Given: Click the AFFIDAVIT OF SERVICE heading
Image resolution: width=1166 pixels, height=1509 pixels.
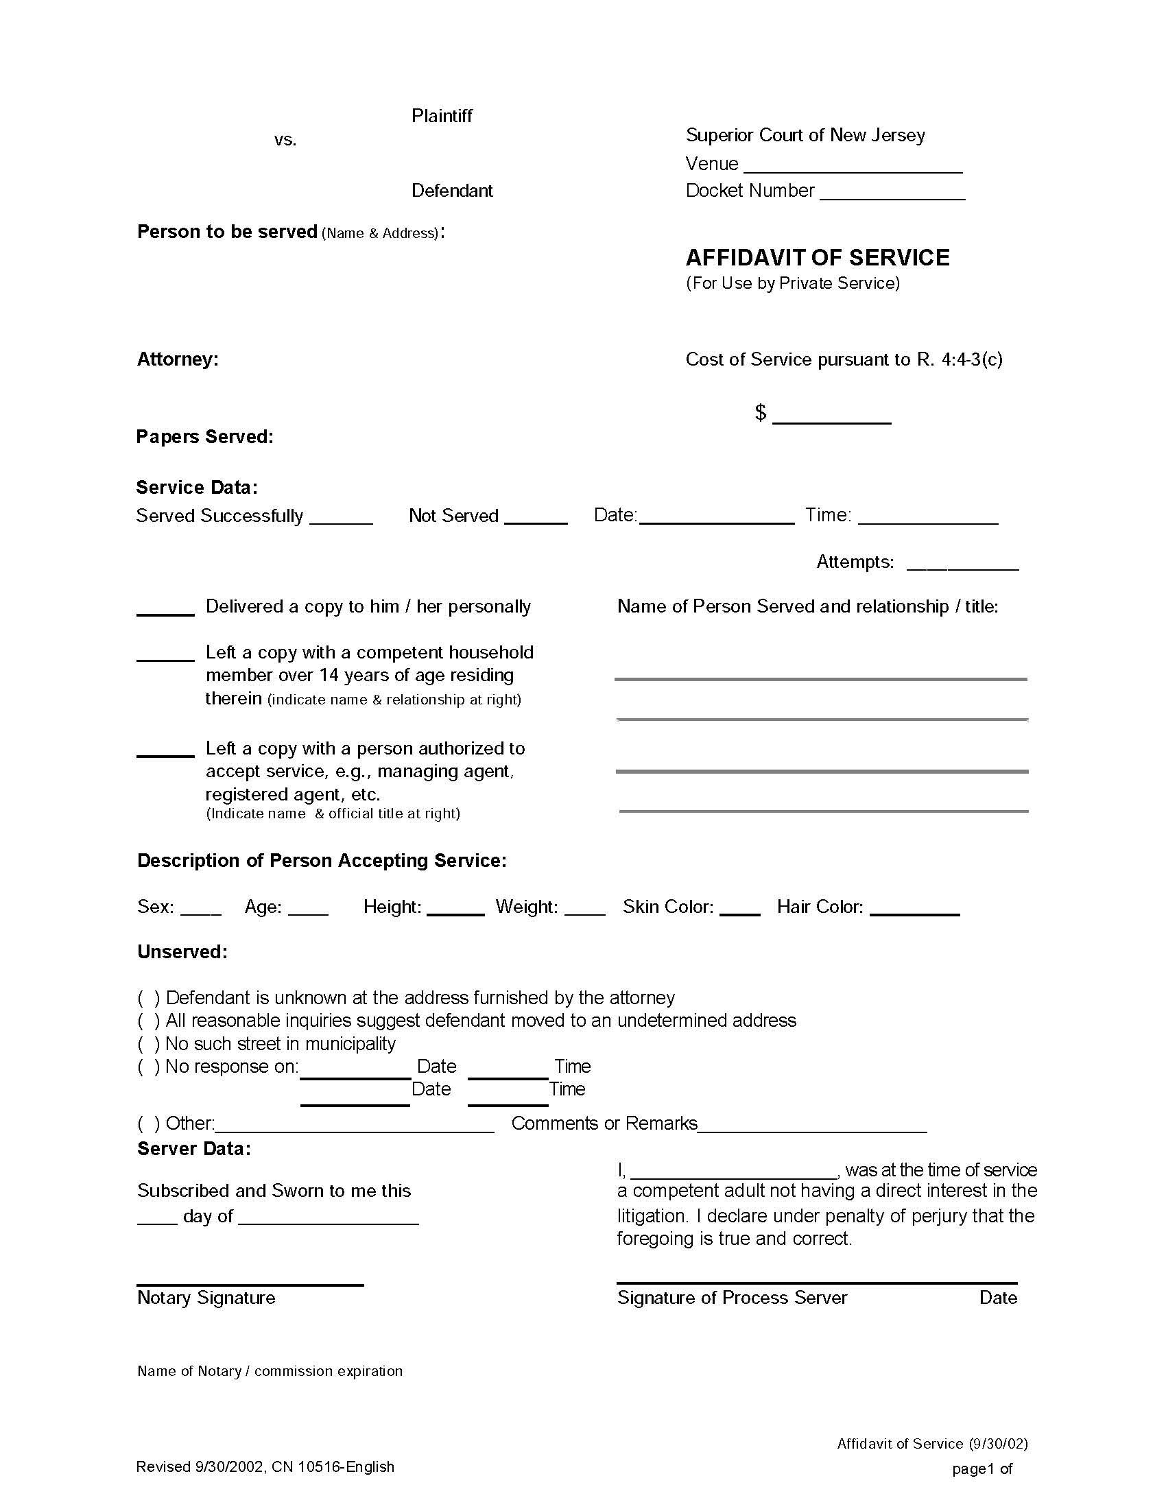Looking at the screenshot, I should pyautogui.click(x=816, y=258).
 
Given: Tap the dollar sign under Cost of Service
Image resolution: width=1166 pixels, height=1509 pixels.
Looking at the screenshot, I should pyautogui.click(x=760, y=412).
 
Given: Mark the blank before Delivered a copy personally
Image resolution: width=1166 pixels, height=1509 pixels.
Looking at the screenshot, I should pyautogui.click(x=165, y=609).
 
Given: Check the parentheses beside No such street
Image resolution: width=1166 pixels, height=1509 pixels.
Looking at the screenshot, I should pyautogui.click(x=149, y=1043).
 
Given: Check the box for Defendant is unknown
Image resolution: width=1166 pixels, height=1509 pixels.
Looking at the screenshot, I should pyautogui.click(x=149, y=998).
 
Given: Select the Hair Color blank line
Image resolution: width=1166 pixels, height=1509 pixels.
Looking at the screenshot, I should pyautogui.click(x=914, y=911).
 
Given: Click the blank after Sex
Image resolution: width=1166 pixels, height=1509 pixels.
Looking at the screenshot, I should pyautogui.click(x=200, y=911).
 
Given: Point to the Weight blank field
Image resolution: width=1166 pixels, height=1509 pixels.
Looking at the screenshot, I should pyautogui.click(x=584, y=911).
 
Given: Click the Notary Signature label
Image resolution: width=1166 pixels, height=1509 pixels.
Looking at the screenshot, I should pyautogui.click(x=206, y=1298).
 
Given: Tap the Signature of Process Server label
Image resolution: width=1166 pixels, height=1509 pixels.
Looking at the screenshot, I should pyautogui.click(x=732, y=1298).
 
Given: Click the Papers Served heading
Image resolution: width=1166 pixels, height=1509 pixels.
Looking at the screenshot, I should pyautogui.click(x=204, y=437).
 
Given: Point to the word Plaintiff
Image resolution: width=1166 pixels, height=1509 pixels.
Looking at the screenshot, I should pyautogui.click(x=442, y=116).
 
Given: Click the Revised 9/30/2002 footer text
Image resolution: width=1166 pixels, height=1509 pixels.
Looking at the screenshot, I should pyautogui.click(x=265, y=1466).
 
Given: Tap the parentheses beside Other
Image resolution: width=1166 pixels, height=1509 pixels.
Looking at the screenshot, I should pyautogui.click(x=149, y=1124).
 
